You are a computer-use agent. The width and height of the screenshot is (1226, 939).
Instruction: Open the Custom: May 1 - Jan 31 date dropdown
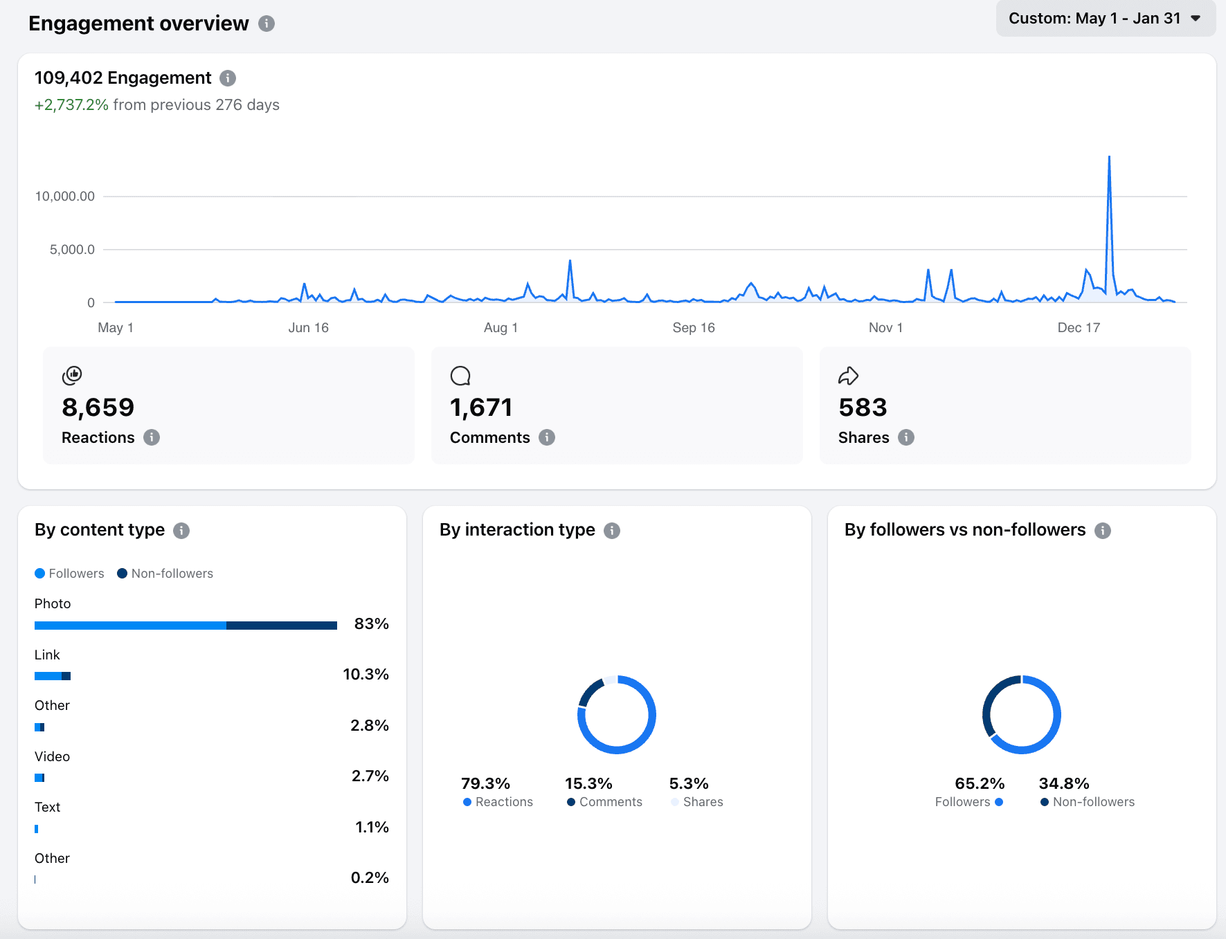point(1105,19)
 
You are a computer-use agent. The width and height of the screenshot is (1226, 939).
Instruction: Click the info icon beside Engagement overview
point(267,24)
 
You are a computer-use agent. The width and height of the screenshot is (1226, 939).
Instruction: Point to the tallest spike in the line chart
point(1109,158)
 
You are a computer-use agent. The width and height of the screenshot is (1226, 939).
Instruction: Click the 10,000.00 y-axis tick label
point(65,197)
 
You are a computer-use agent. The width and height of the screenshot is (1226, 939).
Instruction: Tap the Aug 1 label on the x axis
point(501,328)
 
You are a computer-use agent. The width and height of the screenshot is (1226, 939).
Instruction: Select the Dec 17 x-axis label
point(1078,328)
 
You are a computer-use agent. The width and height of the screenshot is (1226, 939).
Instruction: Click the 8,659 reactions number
point(98,408)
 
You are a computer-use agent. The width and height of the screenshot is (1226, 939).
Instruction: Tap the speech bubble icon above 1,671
point(460,376)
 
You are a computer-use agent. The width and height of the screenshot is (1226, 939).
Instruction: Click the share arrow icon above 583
point(848,376)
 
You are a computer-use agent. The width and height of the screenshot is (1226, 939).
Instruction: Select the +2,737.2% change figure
point(71,105)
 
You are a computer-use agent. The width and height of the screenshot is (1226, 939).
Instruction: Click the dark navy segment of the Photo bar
point(281,626)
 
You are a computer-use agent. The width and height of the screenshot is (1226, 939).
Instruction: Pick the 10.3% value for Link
point(366,675)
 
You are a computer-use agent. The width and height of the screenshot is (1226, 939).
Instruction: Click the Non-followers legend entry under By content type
point(165,574)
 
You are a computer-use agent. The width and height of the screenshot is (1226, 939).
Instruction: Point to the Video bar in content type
point(39,778)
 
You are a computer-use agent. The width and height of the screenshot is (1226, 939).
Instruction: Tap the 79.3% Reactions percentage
point(485,783)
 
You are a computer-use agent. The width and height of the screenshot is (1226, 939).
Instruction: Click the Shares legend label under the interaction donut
point(703,802)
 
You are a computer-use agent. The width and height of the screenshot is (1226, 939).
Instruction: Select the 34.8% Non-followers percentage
point(1063,783)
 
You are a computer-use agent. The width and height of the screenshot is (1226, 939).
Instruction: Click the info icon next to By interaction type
point(612,531)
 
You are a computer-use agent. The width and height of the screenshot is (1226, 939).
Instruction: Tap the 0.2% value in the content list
point(370,878)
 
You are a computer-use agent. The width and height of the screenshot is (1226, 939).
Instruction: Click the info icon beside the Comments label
point(547,437)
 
